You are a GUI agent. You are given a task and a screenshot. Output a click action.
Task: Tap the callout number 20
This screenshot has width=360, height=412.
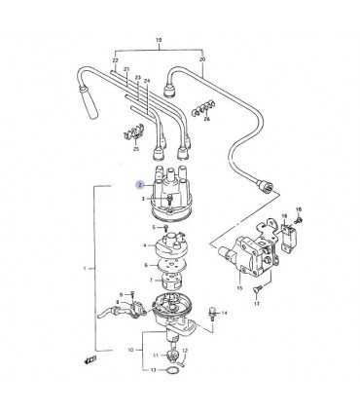click(x=202, y=59)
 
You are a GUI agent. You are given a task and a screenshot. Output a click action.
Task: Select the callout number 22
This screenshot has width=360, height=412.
click(x=114, y=59)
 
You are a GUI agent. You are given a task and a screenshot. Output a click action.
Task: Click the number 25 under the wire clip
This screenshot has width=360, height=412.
click(x=135, y=148)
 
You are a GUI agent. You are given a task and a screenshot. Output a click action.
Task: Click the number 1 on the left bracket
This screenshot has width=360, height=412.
click(x=90, y=268)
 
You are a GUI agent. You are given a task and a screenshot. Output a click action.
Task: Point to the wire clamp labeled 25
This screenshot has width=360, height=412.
click(x=134, y=133)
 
